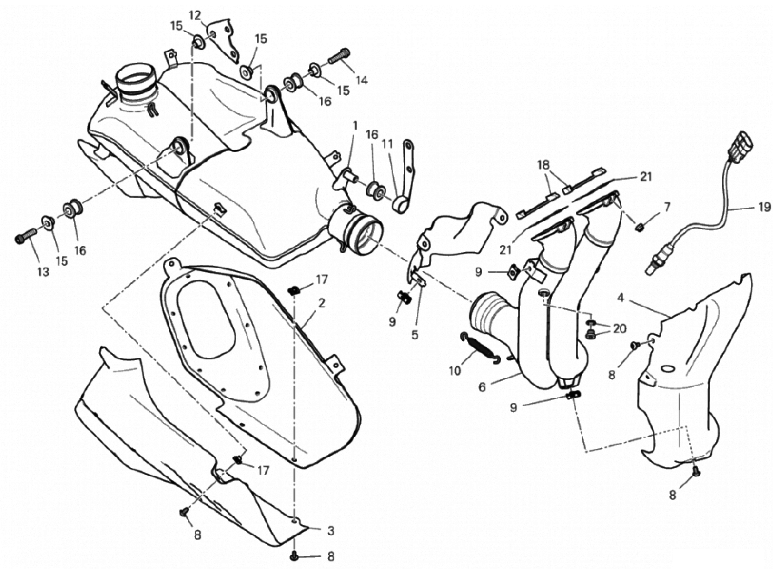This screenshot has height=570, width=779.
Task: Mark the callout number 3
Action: tap(331, 530)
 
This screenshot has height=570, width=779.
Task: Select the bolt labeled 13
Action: tap(26, 236)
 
